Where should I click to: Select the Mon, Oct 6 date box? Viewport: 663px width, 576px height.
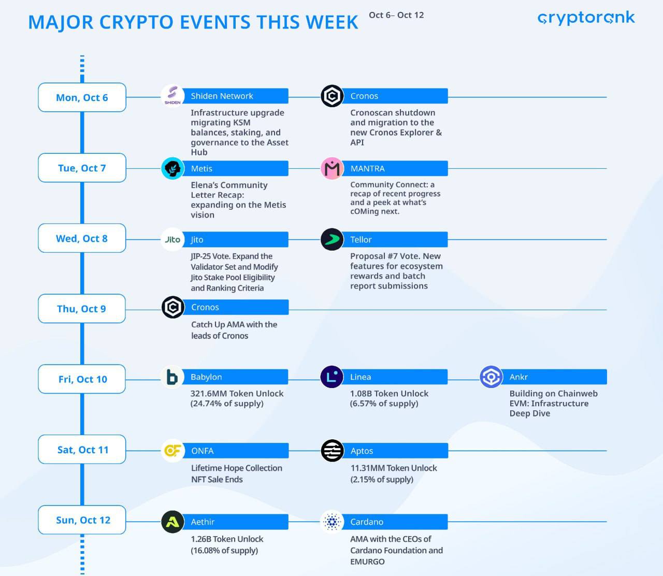point(82,97)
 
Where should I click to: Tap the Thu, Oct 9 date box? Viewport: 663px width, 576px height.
point(82,308)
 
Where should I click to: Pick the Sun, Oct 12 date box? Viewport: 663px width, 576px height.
point(82,520)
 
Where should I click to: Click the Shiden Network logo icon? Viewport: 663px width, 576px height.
point(172,96)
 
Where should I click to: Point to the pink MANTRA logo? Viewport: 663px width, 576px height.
point(332,168)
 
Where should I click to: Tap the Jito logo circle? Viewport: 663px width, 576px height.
point(172,239)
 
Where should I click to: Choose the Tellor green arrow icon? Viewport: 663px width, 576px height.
point(332,239)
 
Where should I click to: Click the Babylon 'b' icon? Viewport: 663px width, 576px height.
point(172,377)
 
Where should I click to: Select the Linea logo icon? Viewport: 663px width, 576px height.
point(332,377)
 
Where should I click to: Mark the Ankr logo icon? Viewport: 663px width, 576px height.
point(491,377)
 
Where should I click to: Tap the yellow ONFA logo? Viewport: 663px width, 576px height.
point(172,451)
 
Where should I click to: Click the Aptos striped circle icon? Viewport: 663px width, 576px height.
point(332,451)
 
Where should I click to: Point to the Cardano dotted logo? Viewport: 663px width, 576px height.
point(332,522)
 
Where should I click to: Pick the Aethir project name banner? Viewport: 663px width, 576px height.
point(236,522)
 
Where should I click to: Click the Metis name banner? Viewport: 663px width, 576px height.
point(236,168)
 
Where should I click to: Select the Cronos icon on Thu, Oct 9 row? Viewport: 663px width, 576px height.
point(172,307)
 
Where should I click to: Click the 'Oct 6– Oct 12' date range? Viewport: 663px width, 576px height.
point(396,15)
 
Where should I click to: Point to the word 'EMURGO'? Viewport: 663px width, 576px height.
point(367,561)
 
